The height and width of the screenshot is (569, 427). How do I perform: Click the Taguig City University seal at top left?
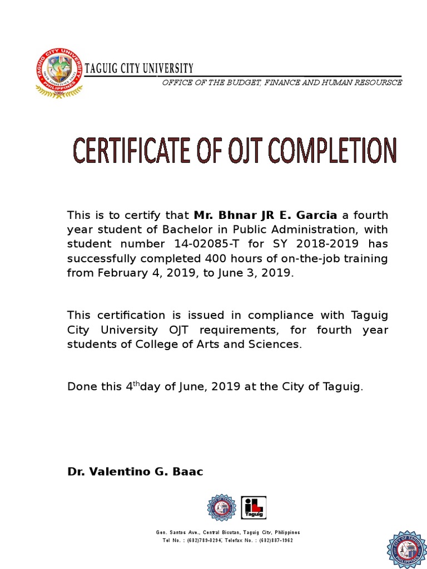tap(59, 73)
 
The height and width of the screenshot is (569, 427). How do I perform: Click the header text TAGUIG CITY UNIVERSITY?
tap(139, 68)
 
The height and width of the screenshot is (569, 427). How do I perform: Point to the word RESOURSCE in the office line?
tap(381, 83)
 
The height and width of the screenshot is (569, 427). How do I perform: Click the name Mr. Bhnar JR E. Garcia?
tap(265, 215)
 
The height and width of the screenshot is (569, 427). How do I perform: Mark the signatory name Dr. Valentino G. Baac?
tap(135, 472)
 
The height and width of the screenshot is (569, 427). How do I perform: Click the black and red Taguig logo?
tap(254, 508)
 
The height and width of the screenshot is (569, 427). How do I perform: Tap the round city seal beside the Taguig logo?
tap(222, 508)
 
